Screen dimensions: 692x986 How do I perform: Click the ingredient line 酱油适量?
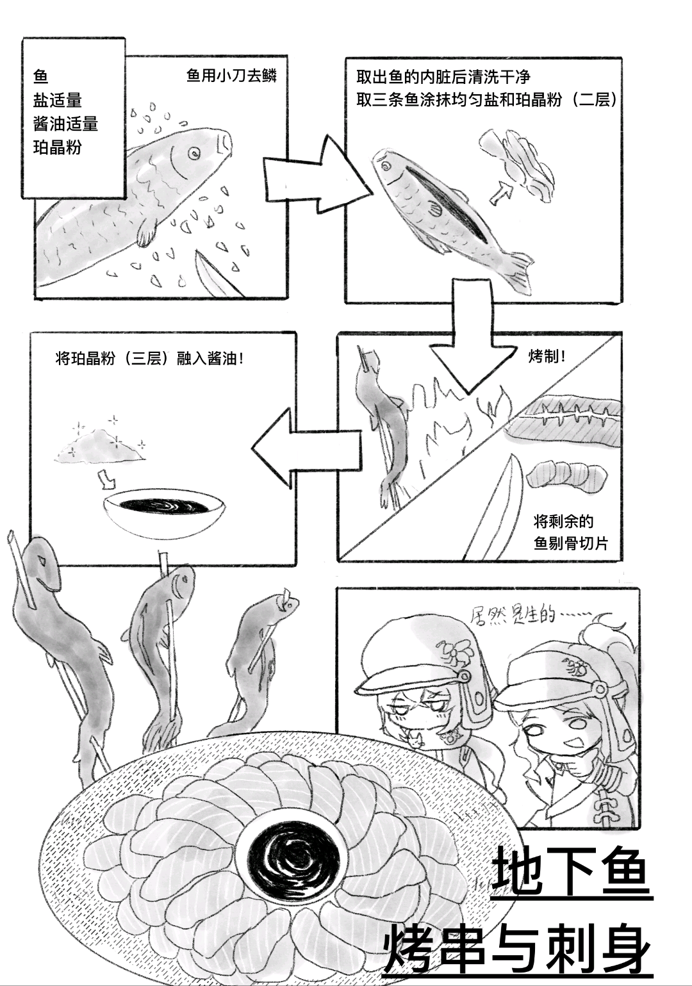click(65, 124)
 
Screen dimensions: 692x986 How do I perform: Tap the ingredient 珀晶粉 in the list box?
click(57, 147)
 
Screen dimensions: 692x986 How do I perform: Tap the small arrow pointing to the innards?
click(502, 193)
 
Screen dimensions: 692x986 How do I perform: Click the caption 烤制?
click(547, 357)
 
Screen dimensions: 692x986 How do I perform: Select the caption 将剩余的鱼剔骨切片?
click(570, 532)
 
